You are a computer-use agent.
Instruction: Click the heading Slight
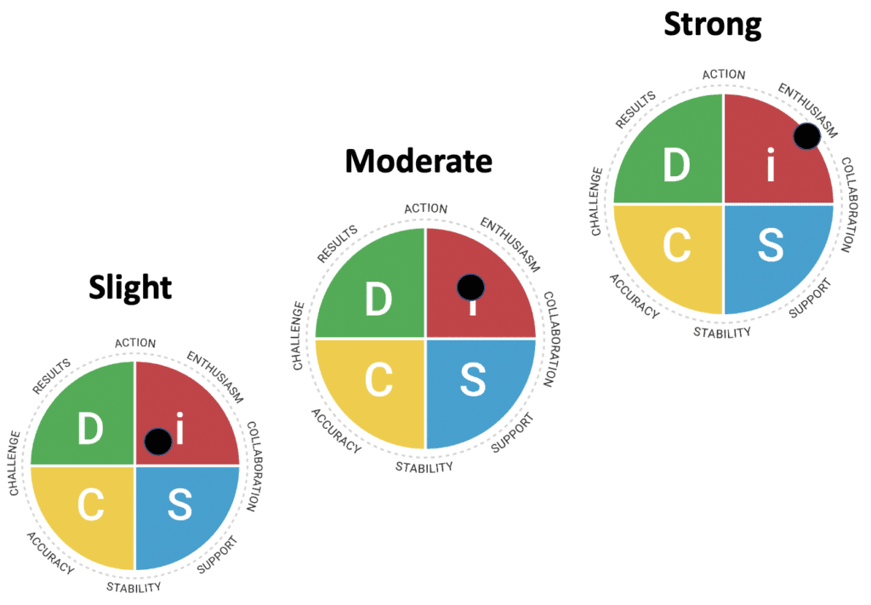pyautogui.click(x=130, y=288)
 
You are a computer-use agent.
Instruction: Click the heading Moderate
pyautogui.click(x=418, y=159)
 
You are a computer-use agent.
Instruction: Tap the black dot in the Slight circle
pyautogui.click(x=158, y=441)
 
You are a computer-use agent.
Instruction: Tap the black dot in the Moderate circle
pyautogui.click(x=470, y=288)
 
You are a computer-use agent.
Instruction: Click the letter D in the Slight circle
pyautogui.click(x=90, y=428)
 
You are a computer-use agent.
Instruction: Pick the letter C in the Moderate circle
pyautogui.click(x=378, y=381)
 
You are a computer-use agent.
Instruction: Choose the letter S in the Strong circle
pyautogui.click(x=770, y=245)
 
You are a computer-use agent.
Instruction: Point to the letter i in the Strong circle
pyautogui.click(x=770, y=167)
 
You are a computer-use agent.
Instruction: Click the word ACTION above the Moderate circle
pyautogui.click(x=425, y=208)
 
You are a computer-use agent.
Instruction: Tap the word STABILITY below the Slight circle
pyautogui.click(x=134, y=586)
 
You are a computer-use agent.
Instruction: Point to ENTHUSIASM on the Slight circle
pyautogui.click(x=214, y=376)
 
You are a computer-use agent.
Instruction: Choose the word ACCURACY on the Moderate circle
pyautogui.click(x=336, y=431)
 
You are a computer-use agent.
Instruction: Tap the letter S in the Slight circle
pyautogui.click(x=179, y=505)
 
